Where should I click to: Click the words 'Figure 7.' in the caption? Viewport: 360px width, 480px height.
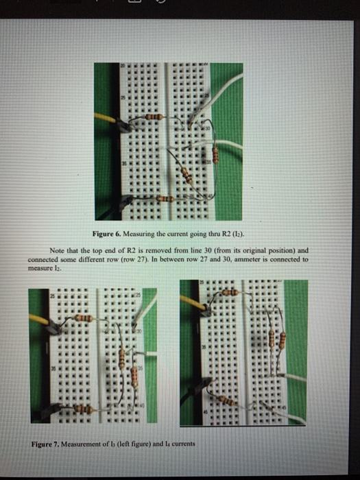49,443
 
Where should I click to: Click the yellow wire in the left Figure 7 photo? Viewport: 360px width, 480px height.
40,320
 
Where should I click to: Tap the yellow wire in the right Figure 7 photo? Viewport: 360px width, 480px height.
193,302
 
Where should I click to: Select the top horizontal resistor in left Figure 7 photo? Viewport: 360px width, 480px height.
83,318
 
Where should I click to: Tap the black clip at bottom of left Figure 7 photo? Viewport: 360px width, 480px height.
49,411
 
